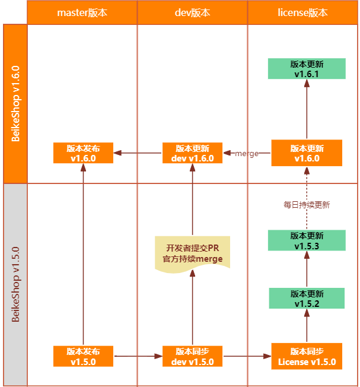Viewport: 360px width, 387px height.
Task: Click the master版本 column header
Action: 82,12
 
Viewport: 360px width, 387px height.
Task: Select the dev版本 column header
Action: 193,12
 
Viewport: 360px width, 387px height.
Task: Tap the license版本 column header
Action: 302,12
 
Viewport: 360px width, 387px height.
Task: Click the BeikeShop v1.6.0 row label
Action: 15,103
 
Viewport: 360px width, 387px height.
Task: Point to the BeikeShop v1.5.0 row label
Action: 15,284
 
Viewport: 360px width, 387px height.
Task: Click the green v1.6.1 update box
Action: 307,69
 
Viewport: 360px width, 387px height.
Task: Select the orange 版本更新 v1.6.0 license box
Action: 307,153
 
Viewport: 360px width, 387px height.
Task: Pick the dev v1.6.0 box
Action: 192,153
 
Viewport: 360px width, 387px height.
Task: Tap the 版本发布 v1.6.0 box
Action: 83,153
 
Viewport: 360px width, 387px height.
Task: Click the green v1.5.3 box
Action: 307,240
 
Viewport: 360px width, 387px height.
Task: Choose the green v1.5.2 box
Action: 307,299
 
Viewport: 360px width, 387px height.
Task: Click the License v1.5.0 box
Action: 307,356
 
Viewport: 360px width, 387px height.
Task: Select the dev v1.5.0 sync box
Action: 192,356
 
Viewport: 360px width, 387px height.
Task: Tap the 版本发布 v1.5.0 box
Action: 83,356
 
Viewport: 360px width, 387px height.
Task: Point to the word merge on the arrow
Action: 247,154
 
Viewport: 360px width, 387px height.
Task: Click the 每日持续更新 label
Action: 307,205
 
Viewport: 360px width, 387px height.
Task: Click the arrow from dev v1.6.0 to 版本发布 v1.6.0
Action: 138,153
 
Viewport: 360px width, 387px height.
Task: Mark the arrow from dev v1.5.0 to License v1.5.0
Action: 247,356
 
